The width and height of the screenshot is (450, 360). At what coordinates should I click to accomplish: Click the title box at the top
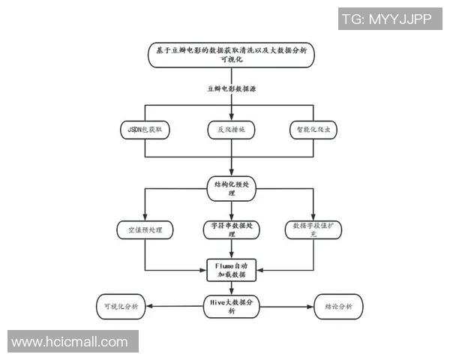click(x=231, y=55)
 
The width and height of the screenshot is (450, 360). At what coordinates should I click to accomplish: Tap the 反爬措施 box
click(x=231, y=130)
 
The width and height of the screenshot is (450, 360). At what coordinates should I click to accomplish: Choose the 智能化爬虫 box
click(x=313, y=130)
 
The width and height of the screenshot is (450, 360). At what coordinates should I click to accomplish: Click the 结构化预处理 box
click(x=231, y=187)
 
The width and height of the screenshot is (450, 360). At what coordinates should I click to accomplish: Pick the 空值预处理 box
click(x=145, y=228)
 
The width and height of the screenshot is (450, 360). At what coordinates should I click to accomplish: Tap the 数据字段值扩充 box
click(x=313, y=229)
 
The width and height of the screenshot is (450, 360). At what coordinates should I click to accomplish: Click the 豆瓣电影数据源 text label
click(x=231, y=88)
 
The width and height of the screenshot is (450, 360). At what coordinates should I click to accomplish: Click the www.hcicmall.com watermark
click(x=70, y=342)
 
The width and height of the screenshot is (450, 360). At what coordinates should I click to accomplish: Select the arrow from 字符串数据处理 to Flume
click(x=231, y=249)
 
